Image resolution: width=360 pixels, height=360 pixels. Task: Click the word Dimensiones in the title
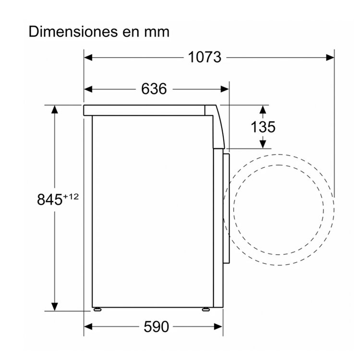click(x=73, y=32)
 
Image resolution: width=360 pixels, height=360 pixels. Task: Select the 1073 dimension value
click(x=204, y=57)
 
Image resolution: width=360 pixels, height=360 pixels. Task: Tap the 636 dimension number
click(x=154, y=89)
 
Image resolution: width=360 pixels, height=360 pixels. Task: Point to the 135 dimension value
click(x=263, y=127)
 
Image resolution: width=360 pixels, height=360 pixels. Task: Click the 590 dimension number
click(x=156, y=326)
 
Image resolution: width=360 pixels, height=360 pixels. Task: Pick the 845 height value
click(x=49, y=199)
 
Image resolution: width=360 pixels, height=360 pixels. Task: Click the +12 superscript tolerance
click(x=71, y=196)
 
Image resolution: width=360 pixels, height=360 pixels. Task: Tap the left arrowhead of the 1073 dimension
click(x=88, y=58)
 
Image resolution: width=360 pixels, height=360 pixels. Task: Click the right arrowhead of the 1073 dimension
click(x=330, y=58)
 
